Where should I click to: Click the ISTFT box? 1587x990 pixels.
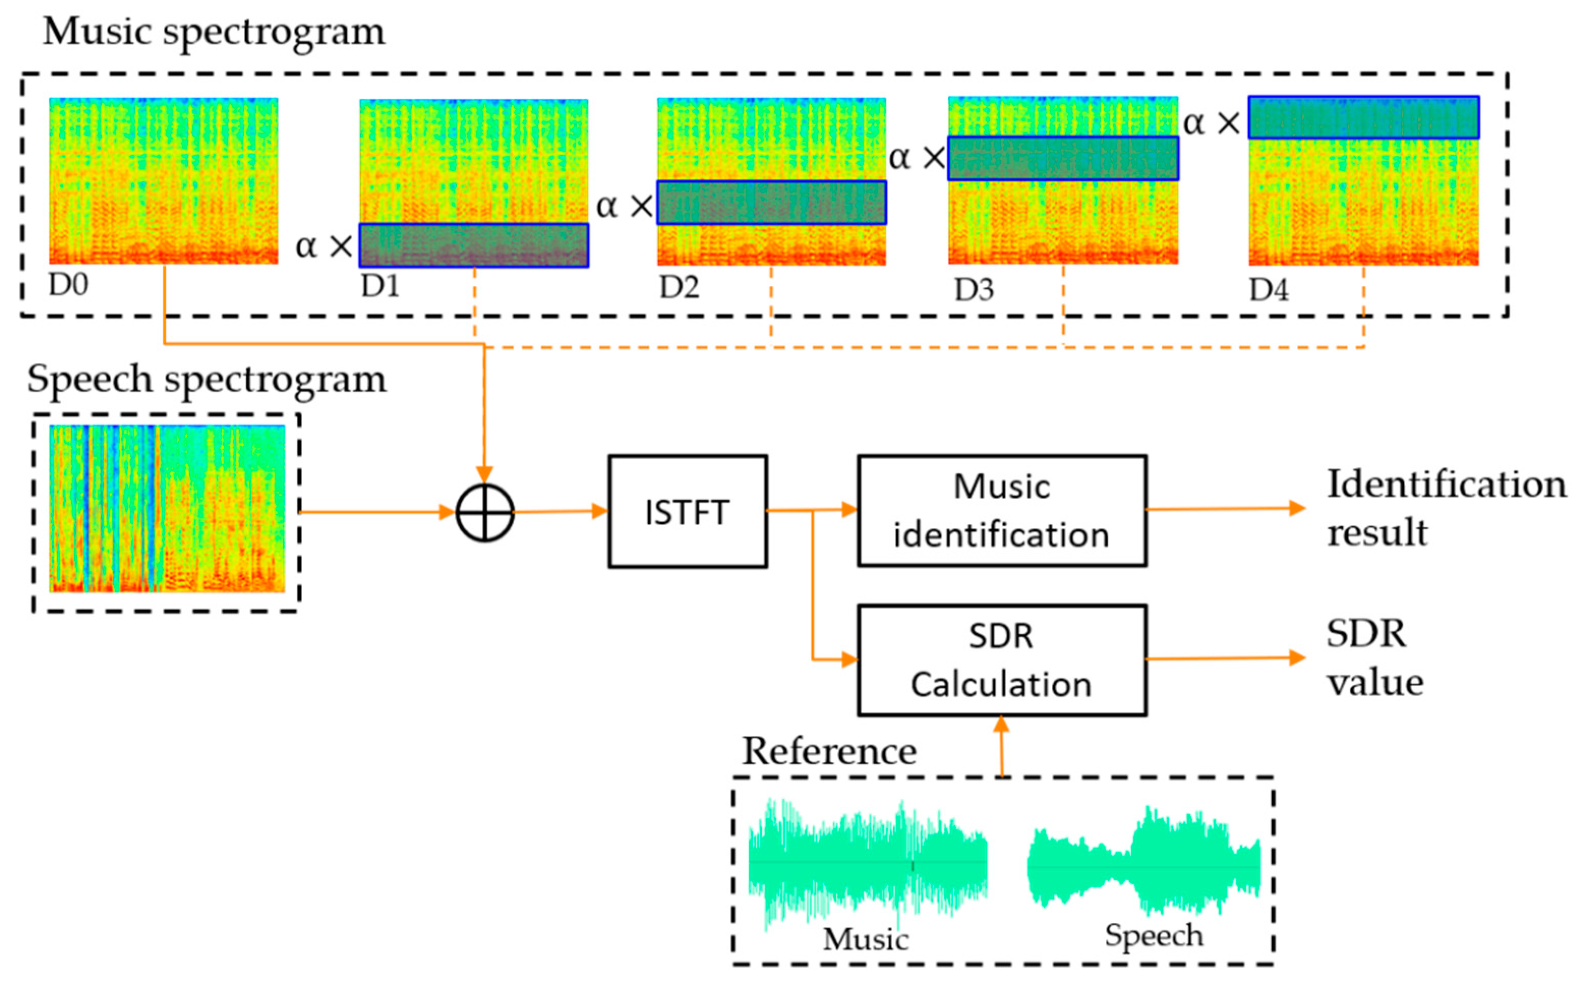pos(687,512)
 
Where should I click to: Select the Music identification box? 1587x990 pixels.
pos(1002,510)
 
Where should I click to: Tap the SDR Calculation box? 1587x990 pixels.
pos(1002,660)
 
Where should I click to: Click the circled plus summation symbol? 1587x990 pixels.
pos(485,513)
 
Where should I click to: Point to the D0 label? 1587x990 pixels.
pos(68,285)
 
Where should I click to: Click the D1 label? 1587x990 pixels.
pos(380,287)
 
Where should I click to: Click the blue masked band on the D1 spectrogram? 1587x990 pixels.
pos(474,246)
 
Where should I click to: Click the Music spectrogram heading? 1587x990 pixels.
pos(214,31)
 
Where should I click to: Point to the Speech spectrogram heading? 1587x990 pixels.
pos(207,379)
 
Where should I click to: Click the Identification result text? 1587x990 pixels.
pos(1446,507)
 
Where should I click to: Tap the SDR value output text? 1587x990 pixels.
pos(1375,658)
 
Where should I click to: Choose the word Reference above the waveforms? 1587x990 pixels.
pos(829,751)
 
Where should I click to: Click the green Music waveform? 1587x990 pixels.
pos(867,862)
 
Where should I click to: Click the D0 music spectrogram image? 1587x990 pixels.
pos(163,181)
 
